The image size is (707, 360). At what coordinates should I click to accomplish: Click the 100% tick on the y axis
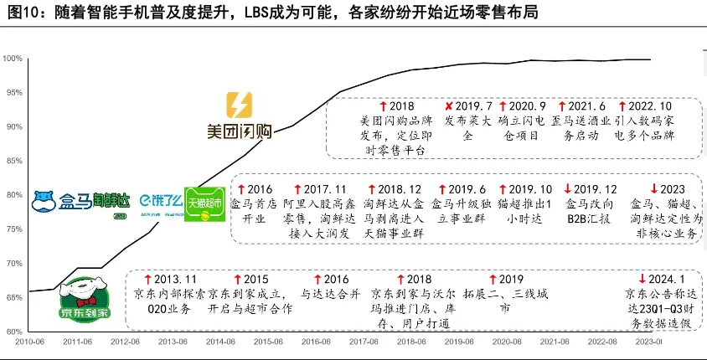[13, 58]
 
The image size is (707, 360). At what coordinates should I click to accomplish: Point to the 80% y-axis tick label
[13, 195]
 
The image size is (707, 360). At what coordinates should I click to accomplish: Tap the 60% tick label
[13, 332]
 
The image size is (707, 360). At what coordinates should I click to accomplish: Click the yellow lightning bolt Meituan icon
[239, 105]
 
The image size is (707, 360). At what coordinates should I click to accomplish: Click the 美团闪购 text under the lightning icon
[239, 131]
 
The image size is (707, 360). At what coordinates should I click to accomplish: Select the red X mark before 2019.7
[449, 106]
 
